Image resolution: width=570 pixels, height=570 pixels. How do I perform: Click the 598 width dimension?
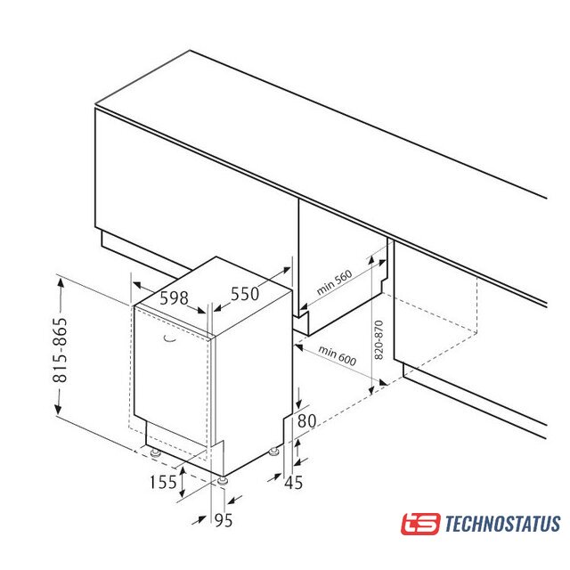[175, 298]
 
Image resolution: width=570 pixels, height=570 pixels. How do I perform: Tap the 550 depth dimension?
[245, 294]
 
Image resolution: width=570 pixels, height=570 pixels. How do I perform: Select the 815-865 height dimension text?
[61, 350]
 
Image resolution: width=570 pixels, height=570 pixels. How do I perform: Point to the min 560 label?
[334, 282]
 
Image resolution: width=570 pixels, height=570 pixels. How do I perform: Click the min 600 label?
[338, 355]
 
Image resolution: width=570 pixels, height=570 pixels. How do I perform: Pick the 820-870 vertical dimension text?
[379, 340]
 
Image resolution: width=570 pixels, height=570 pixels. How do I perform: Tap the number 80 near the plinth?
[306, 420]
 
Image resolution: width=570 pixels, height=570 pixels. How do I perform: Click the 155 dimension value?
[163, 482]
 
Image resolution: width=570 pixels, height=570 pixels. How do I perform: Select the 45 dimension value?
[294, 483]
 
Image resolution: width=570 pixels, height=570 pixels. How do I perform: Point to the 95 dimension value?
[224, 520]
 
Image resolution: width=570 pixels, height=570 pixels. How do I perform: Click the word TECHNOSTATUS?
[502, 524]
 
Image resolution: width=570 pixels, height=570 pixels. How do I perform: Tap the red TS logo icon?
[420, 524]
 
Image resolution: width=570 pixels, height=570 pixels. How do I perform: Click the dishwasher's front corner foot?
[222, 481]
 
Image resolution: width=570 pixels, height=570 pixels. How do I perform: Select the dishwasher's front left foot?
[156, 452]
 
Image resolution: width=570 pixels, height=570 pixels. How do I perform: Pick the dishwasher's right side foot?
[273, 452]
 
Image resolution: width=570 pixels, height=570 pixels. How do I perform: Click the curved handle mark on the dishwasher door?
[169, 338]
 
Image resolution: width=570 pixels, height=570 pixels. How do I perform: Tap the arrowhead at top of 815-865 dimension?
[61, 281]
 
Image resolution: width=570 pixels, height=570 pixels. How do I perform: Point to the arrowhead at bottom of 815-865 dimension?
[58, 409]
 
